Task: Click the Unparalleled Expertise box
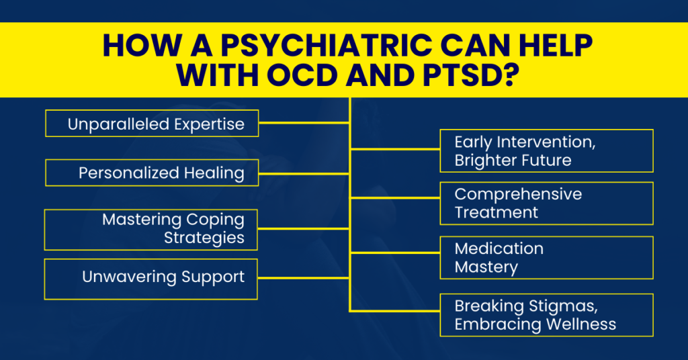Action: (x=152, y=124)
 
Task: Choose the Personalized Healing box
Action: (x=152, y=173)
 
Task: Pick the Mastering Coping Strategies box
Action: (x=152, y=229)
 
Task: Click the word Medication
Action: (x=499, y=249)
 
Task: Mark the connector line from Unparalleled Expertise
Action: (x=304, y=123)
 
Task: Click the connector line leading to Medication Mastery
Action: (x=394, y=253)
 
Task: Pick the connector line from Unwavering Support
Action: (x=304, y=277)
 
